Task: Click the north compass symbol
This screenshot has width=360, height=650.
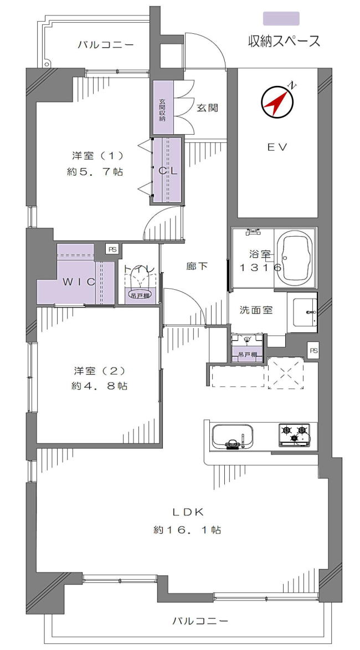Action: coord(277,101)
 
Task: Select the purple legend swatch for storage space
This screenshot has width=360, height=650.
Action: coord(281,19)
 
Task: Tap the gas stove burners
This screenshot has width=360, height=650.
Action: coord(294,434)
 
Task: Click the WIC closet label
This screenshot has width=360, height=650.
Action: coord(79,282)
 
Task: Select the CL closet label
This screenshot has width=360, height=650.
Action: coord(168,171)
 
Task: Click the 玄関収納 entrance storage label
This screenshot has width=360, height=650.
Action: coord(162,110)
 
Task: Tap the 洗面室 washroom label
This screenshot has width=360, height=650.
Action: coord(256,310)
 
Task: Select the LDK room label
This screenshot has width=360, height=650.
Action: coord(188,511)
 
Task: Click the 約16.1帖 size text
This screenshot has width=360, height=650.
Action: coord(188,530)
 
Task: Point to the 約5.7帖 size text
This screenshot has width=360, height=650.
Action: coord(95,172)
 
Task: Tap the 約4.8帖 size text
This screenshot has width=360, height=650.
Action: coord(99,386)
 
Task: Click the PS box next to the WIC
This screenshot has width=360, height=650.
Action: coord(112,250)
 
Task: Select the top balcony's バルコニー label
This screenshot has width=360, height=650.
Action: coord(105,44)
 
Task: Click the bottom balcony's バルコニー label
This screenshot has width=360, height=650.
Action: coord(200,621)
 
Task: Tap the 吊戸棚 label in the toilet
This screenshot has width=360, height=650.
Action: coord(138,295)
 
